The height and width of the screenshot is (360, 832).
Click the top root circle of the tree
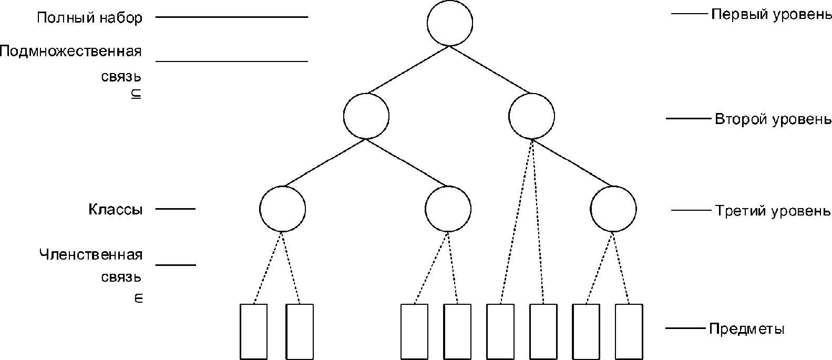tap(449, 23)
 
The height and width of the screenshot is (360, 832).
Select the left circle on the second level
tap(366, 116)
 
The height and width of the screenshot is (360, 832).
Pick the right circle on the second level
tap(531, 116)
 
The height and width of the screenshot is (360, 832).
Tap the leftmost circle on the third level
tap(282, 209)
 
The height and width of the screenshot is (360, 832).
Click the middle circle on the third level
tap(448, 209)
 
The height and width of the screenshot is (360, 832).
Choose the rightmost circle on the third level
tap(613, 209)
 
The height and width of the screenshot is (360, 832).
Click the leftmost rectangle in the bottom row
tap(253, 331)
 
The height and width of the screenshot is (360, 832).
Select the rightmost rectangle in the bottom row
tap(629, 331)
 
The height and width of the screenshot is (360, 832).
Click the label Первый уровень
tap(771, 14)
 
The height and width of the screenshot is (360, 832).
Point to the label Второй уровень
tap(773, 119)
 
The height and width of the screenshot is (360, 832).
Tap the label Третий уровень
tap(773, 211)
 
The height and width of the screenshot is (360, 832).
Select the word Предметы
tap(746, 330)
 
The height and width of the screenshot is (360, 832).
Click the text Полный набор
tap(89, 18)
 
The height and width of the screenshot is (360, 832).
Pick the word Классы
tap(115, 210)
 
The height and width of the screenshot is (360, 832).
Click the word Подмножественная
tap(71, 52)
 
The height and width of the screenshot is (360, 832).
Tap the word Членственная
tap(91, 255)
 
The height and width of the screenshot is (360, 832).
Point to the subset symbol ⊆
tap(136, 95)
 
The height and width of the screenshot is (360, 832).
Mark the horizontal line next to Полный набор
tap(232, 17)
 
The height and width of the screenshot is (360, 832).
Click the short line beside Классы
tap(176, 209)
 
